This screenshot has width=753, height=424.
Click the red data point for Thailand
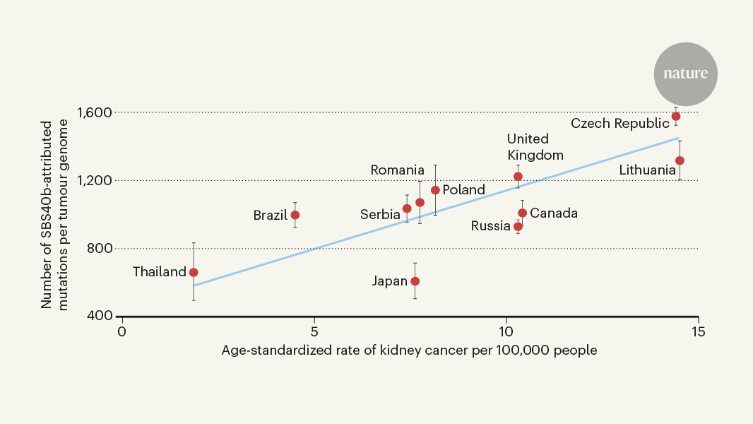pos(194,272)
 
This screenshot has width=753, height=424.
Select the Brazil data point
pos(295,215)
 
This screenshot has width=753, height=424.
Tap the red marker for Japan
pos(415,281)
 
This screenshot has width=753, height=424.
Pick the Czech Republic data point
pos(676,116)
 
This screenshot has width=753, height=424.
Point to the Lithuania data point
pos(680,160)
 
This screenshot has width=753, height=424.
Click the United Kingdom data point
pos(518,177)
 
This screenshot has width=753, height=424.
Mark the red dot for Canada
pos(522,213)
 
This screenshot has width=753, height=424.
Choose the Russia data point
pos(518,227)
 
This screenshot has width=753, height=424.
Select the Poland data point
pos(435,190)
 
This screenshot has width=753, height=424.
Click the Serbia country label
pos(380,214)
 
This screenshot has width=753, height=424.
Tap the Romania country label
pos(397,170)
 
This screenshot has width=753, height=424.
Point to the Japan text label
pos(390,281)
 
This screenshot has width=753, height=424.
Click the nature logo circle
pos(685,74)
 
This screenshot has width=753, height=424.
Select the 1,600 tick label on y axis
pos(94,112)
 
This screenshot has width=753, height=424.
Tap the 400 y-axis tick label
pos(100,316)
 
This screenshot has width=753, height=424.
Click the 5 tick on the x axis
pos(314,331)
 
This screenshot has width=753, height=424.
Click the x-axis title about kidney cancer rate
pos(409,351)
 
